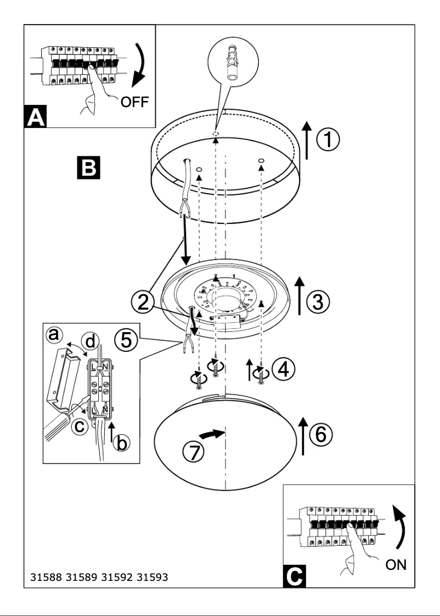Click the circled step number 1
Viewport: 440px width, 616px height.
pos(327,141)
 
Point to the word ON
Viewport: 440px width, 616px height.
pos(396,564)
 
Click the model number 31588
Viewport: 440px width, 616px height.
pos(44,578)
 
